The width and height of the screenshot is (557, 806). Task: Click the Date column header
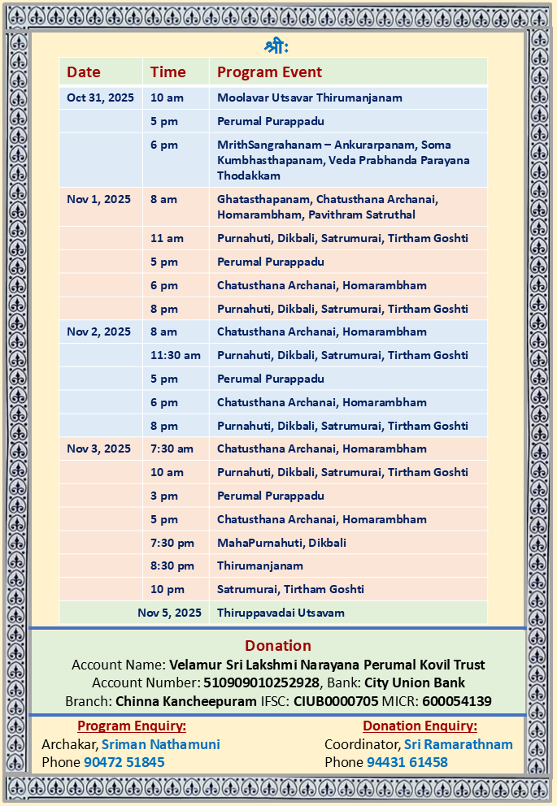tap(84, 72)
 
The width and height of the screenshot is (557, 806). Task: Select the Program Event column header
tap(269, 72)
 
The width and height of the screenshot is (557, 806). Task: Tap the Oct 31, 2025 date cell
tap(100, 97)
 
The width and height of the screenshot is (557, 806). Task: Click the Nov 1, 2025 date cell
tap(98, 199)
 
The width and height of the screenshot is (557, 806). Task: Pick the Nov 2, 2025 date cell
tap(98, 331)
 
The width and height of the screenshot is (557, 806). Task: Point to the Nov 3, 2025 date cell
tap(98, 448)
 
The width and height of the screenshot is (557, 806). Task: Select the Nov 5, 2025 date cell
tap(169, 613)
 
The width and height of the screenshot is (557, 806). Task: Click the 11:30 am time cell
tap(175, 355)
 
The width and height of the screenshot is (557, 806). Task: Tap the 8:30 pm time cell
tap(172, 565)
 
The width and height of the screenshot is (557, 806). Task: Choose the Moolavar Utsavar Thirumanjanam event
tap(309, 97)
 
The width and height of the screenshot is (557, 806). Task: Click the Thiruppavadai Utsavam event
tap(281, 613)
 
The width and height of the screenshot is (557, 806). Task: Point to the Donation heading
tap(278, 646)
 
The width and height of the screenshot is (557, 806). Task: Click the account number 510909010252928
tap(261, 683)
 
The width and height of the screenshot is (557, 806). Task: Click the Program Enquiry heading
tap(132, 726)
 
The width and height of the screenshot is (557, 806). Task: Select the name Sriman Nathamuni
tap(161, 744)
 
